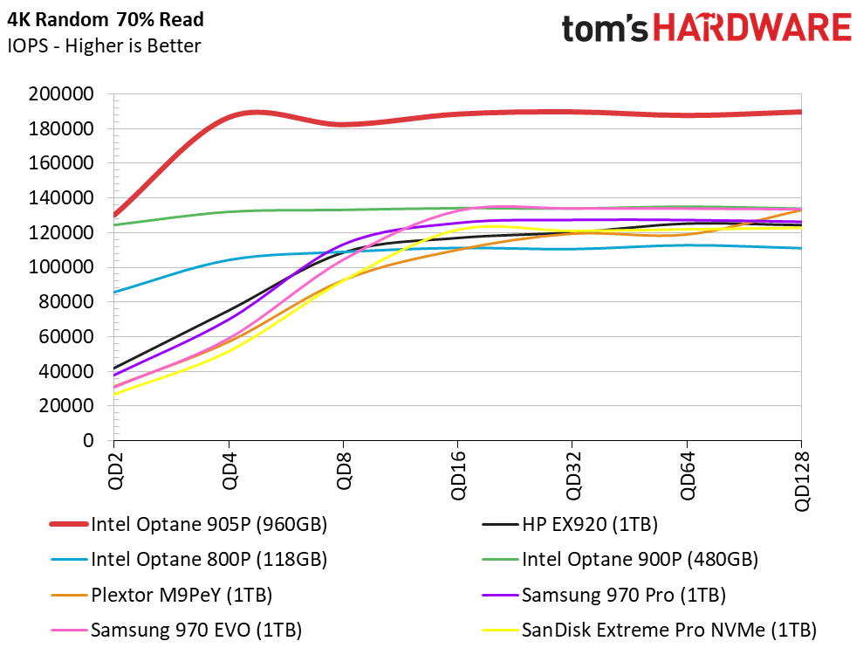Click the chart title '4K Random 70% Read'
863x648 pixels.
[x=105, y=20]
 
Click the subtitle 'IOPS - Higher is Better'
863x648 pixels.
[x=104, y=45]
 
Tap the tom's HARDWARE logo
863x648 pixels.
[x=706, y=28]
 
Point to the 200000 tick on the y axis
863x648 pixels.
[x=61, y=94]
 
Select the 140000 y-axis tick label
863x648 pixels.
[x=61, y=198]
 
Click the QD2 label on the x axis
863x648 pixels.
[x=115, y=471]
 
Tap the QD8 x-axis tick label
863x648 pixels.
[x=344, y=471]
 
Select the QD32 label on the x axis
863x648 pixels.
[x=573, y=476]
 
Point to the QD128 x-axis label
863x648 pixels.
[x=802, y=481]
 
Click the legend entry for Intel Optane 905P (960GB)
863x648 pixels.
[x=188, y=524]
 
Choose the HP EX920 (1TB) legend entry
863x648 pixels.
[x=570, y=524]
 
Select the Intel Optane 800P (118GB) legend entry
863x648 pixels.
[x=188, y=559]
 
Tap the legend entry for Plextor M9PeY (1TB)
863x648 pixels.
[x=161, y=595]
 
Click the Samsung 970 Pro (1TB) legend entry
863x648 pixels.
[x=604, y=595]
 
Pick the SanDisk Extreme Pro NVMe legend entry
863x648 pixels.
[x=649, y=630]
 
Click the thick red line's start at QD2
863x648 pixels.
[x=114, y=216]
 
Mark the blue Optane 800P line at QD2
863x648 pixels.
[x=114, y=292]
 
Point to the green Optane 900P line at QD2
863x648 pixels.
[x=114, y=224]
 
